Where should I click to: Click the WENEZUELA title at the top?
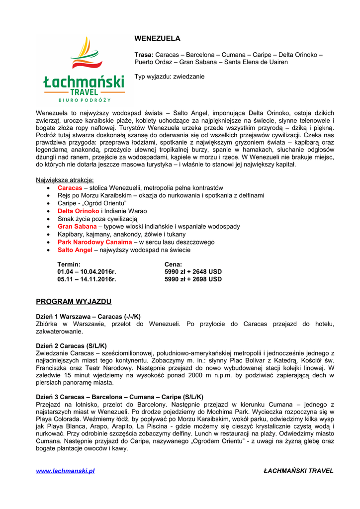(158, 38)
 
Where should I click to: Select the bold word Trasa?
(144, 54)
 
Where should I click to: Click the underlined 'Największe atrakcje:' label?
(65, 180)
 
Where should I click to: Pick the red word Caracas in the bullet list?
(70, 188)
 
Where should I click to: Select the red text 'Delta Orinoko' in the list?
(78, 211)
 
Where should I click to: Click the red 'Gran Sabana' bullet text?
(77, 227)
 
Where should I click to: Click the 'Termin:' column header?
(69, 264)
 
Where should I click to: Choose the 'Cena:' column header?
(173, 264)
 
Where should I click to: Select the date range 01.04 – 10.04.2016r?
(87, 272)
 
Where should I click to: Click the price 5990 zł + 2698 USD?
(193, 279)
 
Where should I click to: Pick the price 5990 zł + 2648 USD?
(193, 272)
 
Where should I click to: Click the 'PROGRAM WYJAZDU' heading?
(74, 302)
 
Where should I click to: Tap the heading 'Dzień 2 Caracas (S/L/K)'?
(71, 345)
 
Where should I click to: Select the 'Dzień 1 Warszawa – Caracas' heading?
(88, 316)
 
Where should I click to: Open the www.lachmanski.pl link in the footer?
(65, 471)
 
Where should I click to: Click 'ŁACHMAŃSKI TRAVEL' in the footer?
(298, 471)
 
